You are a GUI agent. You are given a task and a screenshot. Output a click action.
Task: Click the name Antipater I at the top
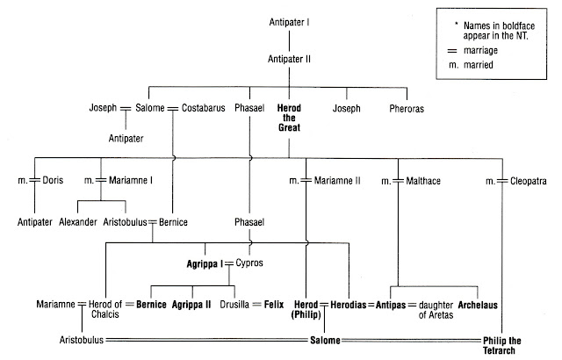(290, 19)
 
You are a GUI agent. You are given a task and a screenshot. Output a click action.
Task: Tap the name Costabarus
(199, 110)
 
